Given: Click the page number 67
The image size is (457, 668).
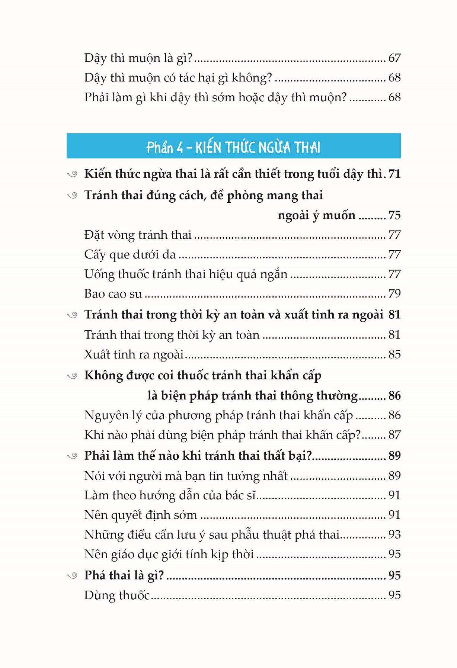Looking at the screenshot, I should [x=394, y=58].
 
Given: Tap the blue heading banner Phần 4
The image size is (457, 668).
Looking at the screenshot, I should [x=233, y=146].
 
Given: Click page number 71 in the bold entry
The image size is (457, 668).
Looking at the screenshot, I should [x=394, y=174].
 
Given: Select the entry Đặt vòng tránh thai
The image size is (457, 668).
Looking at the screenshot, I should [x=138, y=235].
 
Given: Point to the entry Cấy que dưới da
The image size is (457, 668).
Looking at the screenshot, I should [x=130, y=254].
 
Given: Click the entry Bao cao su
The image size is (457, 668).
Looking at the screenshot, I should [x=113, y=294].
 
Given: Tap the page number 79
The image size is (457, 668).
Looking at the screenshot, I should [x=394, y=294].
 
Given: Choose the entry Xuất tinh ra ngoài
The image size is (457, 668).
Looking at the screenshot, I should [x=134, y=354].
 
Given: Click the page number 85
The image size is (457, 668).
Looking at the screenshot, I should [x=394, y=354].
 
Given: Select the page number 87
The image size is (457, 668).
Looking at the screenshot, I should [x=394, y=435].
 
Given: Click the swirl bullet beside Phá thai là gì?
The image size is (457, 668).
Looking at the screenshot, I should [x=73, y=575].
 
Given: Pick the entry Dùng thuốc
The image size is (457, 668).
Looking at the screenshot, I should [x=117, y=595].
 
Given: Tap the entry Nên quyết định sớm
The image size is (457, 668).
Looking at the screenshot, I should [x=141, y=515].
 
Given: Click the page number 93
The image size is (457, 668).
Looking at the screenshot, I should [x=394, y=534].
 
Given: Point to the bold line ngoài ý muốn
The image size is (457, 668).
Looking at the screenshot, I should [x=316, y=215].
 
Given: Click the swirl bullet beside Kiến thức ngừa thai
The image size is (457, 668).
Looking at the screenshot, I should [x=73, y=174].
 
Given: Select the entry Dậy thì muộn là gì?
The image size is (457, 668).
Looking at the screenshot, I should [x=138, y=58].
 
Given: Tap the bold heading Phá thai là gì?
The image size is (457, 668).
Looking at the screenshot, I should [x=124, y=575].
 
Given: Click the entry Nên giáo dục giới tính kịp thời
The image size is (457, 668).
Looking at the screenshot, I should [x=169, y=554].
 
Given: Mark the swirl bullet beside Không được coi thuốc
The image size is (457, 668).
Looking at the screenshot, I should [x=73, y=376].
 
